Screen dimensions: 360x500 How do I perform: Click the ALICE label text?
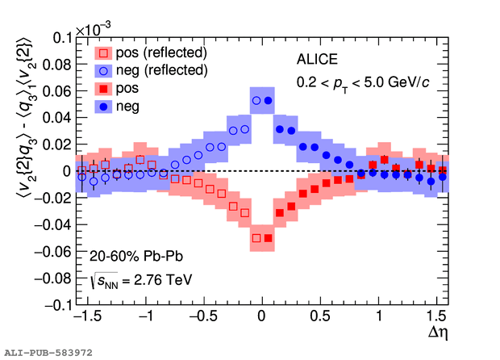(315, 59)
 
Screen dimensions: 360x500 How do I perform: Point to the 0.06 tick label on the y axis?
(55, 91)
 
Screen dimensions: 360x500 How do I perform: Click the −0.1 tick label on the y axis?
(52, 305)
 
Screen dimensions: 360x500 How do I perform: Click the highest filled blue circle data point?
(269, 101)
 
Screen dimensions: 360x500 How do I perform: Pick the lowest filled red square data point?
(269, 238)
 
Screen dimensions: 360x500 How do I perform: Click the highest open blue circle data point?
(256, 101)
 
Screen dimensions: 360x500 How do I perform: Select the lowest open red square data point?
(256, 238)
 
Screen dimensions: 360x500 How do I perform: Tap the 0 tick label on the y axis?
(65, 171)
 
